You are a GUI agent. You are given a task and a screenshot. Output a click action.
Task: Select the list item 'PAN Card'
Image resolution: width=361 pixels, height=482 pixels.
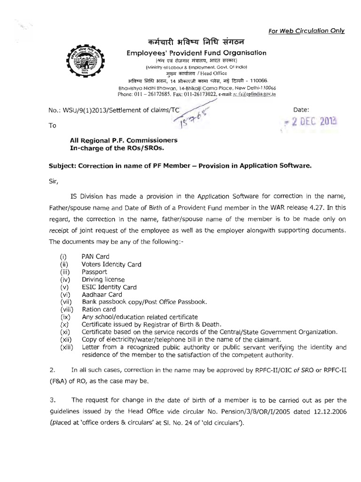[x=95, y=256]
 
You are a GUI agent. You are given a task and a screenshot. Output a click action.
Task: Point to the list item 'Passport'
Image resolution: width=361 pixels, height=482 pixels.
[x=94, y=272]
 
